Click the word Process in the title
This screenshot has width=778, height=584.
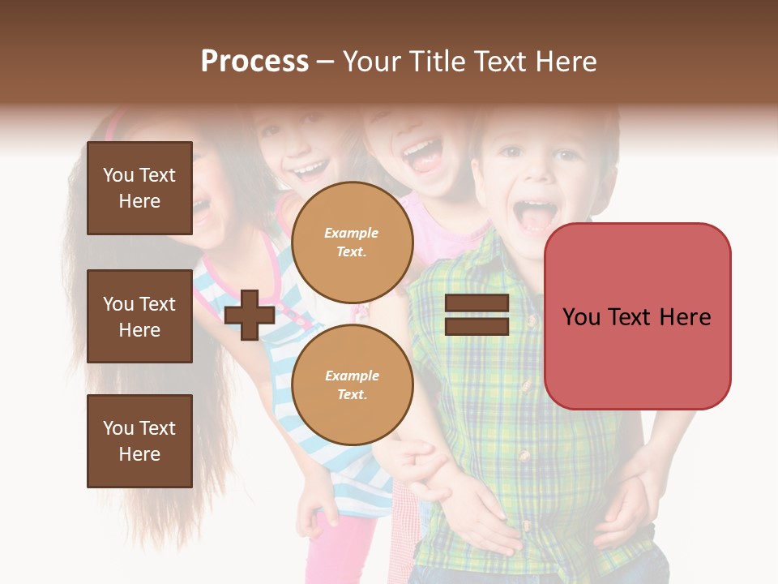254,62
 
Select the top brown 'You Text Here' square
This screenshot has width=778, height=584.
139,188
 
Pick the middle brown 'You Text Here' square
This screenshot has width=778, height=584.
139,316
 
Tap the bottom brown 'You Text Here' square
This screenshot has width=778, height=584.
139,441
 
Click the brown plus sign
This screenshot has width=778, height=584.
250,315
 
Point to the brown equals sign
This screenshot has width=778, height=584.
477,315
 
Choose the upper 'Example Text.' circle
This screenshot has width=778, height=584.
352,243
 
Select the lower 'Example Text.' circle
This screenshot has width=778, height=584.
352,385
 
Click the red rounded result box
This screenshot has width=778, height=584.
637,316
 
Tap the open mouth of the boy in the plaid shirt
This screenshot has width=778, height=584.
536,215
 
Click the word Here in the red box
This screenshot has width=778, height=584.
685,317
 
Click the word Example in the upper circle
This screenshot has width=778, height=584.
352,233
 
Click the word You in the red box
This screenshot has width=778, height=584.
581,317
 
